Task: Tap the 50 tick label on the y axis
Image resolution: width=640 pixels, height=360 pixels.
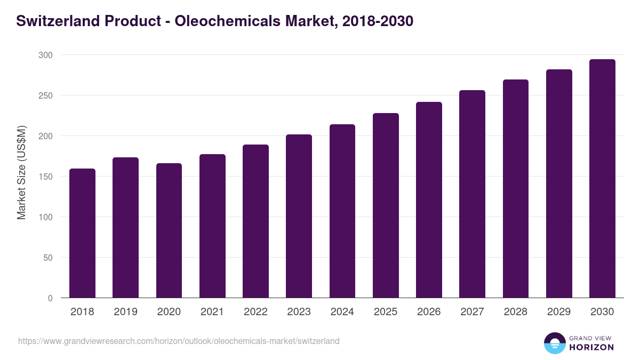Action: [47, 258]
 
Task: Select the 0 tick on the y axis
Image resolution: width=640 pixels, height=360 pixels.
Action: [50, 298]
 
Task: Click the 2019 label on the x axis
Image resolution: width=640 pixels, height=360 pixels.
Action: [125, 312]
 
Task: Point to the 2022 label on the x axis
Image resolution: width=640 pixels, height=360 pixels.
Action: [255, 312]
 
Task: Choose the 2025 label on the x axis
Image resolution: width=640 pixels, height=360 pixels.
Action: [386, 312]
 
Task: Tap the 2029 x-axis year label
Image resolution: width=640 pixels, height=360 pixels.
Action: [559, 312]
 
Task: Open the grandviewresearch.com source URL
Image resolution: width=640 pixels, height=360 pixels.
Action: [179, 341]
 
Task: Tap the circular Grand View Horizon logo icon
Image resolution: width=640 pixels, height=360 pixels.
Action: [555, 343]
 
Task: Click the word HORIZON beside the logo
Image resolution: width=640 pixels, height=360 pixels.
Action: [591, 347]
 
